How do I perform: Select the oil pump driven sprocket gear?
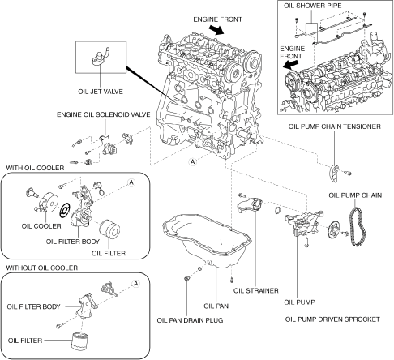point(333,230)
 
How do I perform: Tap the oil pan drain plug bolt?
point(186,278)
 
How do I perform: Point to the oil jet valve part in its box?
point(101,57)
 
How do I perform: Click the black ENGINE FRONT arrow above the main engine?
point(216,29)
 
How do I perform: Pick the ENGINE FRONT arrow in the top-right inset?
point(291,65)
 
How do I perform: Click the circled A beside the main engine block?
point(192,161)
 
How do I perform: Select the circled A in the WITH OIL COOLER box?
point(131,182)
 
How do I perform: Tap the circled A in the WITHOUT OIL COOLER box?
point(135,284)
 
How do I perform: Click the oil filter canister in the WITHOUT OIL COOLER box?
point(79,341)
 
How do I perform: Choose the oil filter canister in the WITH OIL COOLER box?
point(109,229)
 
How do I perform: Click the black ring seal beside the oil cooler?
point(65,210)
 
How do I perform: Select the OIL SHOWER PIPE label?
point(312,6)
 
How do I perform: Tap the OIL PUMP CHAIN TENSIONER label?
point(335,126)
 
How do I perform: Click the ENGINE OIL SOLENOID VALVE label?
point(104,114)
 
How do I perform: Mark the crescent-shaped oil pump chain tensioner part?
point(334,173)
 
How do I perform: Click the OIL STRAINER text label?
point(256,290)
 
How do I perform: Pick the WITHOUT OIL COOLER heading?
point(42,268)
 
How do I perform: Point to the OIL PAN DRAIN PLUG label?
point(190,320)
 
